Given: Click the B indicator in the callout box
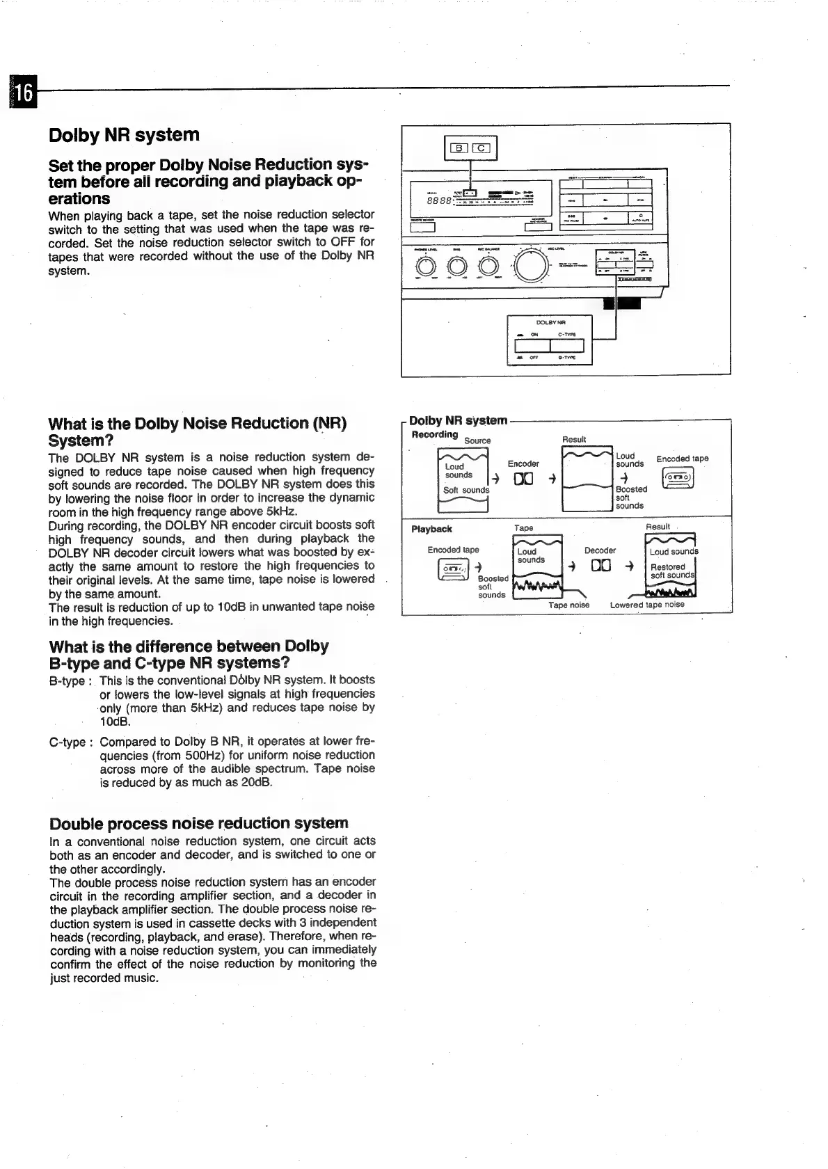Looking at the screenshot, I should (x=459, y=148).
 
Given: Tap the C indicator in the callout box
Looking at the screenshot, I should (x=481, y=148).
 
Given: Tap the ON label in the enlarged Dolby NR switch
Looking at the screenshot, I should (x=534, y=334).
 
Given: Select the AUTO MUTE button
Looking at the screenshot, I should (x=639, y=218).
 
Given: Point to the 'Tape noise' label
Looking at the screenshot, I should (x=568, y=605).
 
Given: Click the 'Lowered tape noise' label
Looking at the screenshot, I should (x=647, y=605).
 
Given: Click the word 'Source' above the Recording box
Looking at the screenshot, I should (x=477, y=440).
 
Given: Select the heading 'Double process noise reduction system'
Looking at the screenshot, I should (x=199, y=823).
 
